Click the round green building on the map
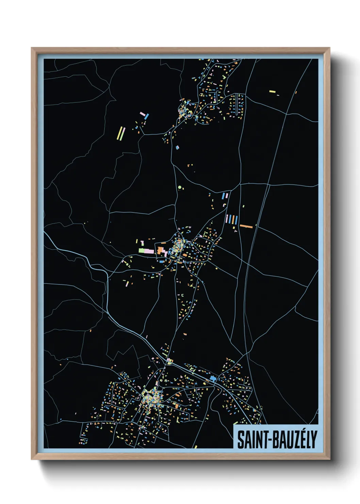tap(180, 187)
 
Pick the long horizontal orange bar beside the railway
tap(246, 226)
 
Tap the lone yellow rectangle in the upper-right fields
tap(272, 91)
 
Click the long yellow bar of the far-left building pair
tap(119, 133)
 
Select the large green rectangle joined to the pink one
tap(142, 251)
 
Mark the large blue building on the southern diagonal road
tap(213, 378)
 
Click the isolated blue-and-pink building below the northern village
tap(177, 147)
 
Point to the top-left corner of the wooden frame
tap(32, 48)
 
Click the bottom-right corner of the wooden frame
tap(329, 459)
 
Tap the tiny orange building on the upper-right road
tap(296, 92)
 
